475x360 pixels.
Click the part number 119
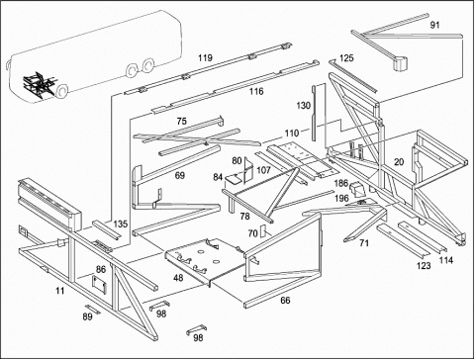coord(205,58)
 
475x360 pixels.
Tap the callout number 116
coord(256,91)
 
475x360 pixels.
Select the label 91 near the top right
coord(434,25)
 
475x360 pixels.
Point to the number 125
coord(346,58)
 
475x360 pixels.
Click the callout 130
coord(303,106)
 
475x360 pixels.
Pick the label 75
coord(181,122)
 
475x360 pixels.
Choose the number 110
coord(292,134)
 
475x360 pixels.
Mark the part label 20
coord(399,162)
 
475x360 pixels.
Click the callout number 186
coord(341,183)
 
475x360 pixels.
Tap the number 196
coord(341,199)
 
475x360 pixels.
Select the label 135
coord(121,225)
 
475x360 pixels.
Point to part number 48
coord(178,278)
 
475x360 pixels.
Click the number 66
coord(285,301)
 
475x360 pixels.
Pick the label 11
coord(59,291)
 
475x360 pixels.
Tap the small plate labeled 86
coord(99,284)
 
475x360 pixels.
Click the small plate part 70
coord(263,231)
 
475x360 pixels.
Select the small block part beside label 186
coord(356,188)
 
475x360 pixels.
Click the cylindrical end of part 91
coord(400,63)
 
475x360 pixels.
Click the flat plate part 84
coord(233,179)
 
